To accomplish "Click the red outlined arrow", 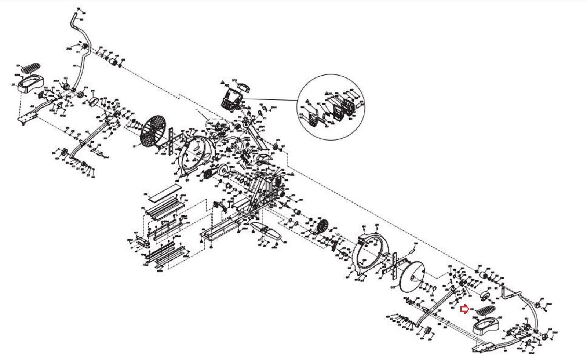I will pyautogui.click(x=465, y=309).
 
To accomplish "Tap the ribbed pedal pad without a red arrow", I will pyautogui.click(x=30, y=68).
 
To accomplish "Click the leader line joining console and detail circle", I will pyautogui.click(x=271, y=99).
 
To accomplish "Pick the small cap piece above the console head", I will pyautogui.click(x=244, y=88).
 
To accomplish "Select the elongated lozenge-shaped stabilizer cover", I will pyautogui.click(x=266, y=231).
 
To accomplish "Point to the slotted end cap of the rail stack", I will pyautogui.click(x=141, y=241).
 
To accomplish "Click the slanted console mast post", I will pyautogui.click(x=257, y=136).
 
